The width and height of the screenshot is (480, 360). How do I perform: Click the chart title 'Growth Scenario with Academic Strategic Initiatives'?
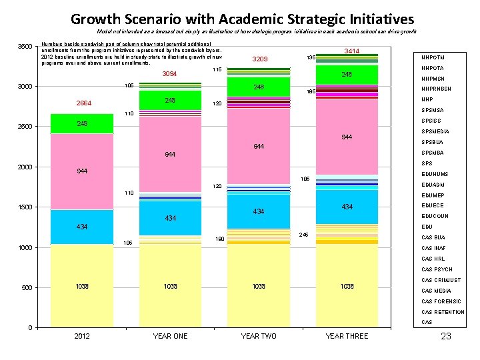point(242,19)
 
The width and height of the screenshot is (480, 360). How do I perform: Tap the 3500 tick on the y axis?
point(26,46)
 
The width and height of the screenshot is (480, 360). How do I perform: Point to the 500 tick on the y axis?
point(29,287)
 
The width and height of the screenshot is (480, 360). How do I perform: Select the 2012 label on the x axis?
point(82,336)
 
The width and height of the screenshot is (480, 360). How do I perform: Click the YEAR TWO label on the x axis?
point(259,336)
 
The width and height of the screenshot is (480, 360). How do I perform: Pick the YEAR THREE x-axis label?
point(346,336)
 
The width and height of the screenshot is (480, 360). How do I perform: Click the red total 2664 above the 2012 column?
point(83,103)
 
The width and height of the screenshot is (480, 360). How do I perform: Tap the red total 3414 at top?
point(351,51)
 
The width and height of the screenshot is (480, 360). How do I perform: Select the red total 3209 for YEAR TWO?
point(259,59)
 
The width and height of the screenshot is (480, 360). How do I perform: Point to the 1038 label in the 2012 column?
point(82,287)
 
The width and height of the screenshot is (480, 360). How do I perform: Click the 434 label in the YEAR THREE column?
point(347,207)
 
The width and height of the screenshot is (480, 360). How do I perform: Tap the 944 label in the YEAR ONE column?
point(171,155)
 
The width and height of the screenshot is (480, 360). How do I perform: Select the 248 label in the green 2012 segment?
point(82,124)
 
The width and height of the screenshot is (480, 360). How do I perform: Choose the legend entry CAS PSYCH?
point(437,270)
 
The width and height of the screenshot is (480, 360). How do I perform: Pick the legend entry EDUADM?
point(433,185)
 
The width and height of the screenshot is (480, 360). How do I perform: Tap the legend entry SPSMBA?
point(433,153)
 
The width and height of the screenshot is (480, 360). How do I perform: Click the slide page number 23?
point(446,336)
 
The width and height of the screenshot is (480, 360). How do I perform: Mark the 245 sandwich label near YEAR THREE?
point(304,235)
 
